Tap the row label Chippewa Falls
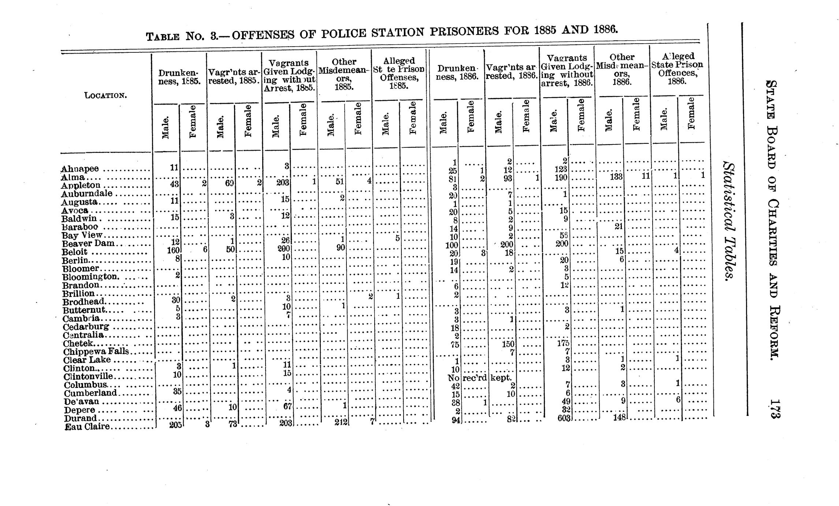(x=96, y=351)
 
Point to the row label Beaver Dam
(x=88, y=244)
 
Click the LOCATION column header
(x=105, y=96)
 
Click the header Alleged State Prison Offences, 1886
(x=677, y=68)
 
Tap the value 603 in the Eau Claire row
(x=563, y=418)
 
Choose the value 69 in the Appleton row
(x=229, y=183)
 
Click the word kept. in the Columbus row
(x=501, y=378)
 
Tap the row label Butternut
(x=84, y=310)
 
